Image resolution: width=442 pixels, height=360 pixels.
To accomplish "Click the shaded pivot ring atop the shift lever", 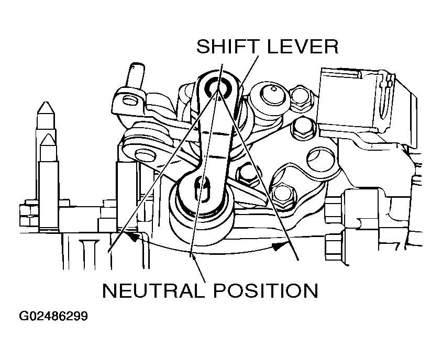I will point(216,87).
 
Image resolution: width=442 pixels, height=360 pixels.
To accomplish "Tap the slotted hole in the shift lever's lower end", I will point(201,188).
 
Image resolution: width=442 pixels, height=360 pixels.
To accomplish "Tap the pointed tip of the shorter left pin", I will point(48,137).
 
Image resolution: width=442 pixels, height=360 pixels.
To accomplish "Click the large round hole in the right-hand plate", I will point(321,159).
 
